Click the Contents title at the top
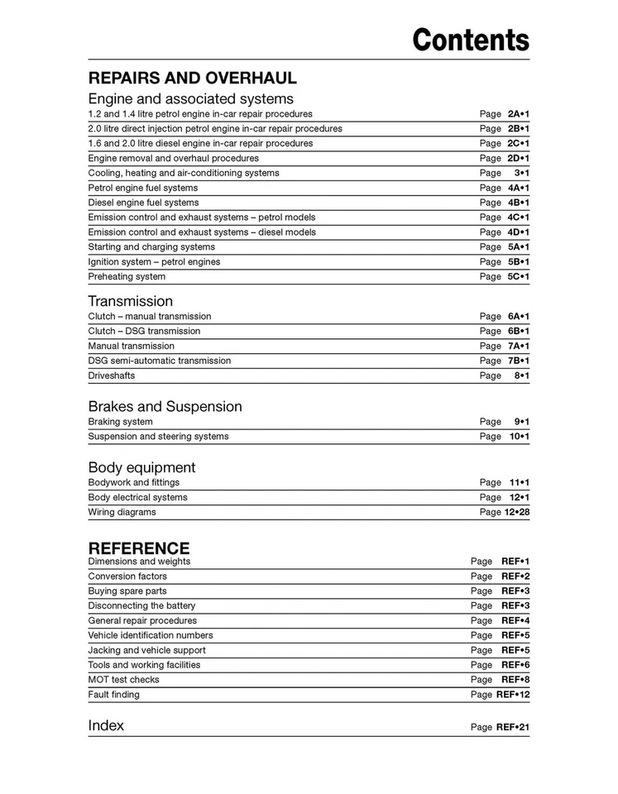(x=471, y=39)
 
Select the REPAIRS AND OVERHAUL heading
(x=192, y=79)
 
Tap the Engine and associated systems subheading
(x=190, y=98)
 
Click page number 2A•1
(x=518, y=113)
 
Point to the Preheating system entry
(x=127, y=276)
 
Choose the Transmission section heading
(x=131, y=301)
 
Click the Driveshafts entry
(x=112, y=375)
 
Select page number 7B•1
(x=518, y=361)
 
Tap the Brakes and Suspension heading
(x=165, y=406)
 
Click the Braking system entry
(x=120, y=422)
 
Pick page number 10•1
(x=520, y=437)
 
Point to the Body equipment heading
(x=141, y=467)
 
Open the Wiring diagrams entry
(x=122, y=512)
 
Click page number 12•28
(x=516, y=513)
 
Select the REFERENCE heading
(x=139, y=548)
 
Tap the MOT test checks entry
(x=124, y=680)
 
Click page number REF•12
(x=513, y=695)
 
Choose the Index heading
(x=106, y=725)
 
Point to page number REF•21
(x=513, y=728)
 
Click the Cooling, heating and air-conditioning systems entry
(x=184, y=173)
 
